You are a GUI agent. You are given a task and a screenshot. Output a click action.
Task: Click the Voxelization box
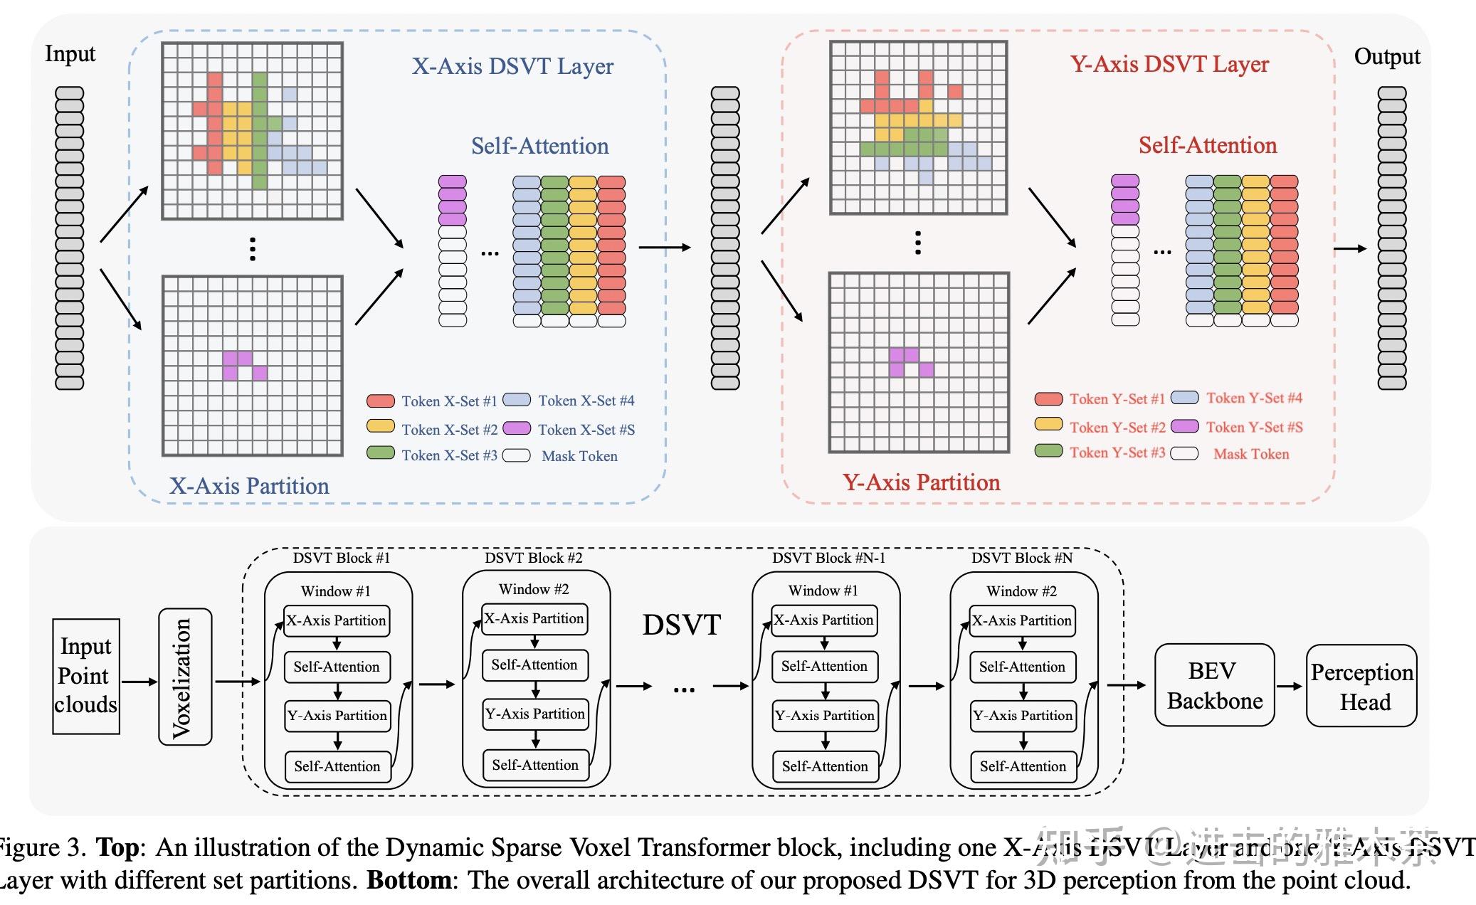(x=185, y=677)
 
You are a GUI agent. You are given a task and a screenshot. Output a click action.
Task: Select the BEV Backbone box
(x=1214, y=685)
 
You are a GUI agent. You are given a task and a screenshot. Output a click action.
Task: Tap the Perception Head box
(x=1361, y=686)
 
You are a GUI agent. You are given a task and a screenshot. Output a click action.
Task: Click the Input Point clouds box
(x=86, y=676)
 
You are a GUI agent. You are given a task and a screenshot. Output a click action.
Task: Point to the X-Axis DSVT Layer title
(x=512, y=66)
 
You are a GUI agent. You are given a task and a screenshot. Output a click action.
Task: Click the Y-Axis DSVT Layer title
(x=1169, y=64)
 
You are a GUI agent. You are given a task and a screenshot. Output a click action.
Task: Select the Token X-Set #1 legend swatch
(x=381, y=401)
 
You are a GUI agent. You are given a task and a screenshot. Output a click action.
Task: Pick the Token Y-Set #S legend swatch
(x=1185, y=426)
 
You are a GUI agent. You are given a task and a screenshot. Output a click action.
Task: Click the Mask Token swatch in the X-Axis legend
(x=517, y=455)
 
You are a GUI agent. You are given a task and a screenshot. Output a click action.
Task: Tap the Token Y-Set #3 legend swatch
(x=1048, y=451)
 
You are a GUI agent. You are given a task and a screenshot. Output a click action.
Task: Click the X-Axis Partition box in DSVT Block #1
(x=337, y=620)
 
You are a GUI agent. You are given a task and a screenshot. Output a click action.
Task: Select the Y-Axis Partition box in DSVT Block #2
(x=535, y=714)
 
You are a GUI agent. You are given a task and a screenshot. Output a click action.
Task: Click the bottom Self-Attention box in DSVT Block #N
(x=1023, y=766)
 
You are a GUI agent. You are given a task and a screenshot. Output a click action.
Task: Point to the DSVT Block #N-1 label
(x=828, y=558)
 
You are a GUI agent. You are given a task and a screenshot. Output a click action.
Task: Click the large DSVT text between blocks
(x=681, y=625)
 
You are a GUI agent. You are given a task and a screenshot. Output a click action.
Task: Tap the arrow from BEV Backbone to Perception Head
(x=1290, y=686)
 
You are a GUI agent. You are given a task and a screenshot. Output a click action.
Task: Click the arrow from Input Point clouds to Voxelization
(x=139, y=682)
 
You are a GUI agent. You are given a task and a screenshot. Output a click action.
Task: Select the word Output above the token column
(x=1386, y=56)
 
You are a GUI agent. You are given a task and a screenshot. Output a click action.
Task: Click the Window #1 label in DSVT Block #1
(x=335, y=591)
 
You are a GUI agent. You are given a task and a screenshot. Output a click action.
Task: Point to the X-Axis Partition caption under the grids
(x=249, y=486)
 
